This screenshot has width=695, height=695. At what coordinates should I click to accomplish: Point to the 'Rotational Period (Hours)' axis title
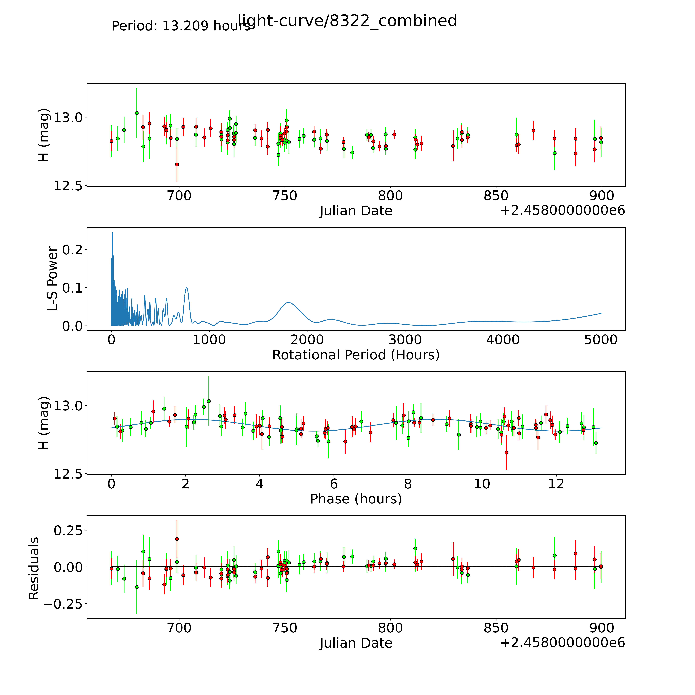pos(356,355)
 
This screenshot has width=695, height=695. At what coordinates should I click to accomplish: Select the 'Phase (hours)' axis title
pos(356,499)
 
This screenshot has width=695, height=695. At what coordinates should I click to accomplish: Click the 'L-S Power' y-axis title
pos(53,279)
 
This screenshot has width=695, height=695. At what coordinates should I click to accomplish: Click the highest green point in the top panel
pos(137,113)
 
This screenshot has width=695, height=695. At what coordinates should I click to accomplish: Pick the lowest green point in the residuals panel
pos(137,587)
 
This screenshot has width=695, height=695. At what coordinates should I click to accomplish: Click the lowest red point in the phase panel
pos(506,453)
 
